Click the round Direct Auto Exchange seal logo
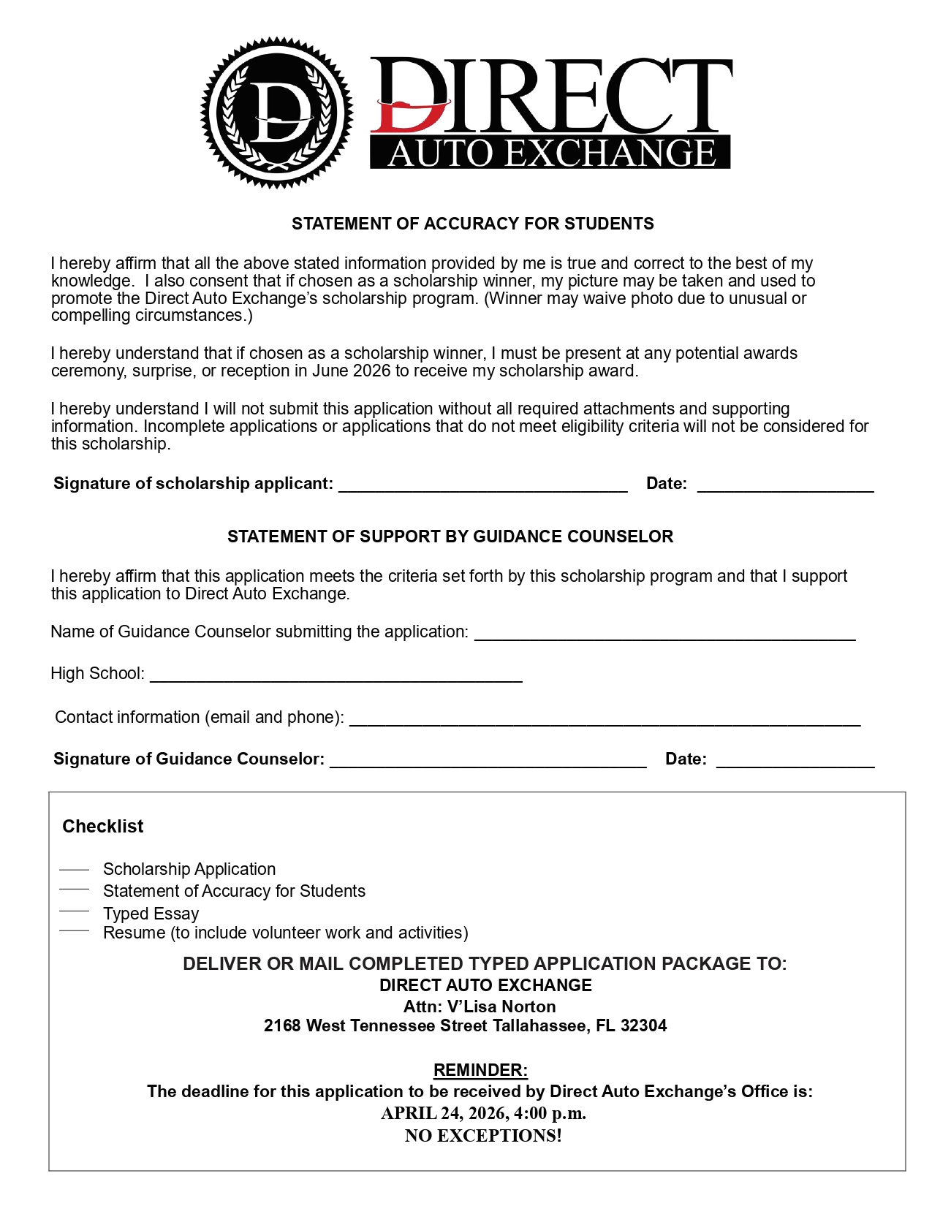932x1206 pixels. pos(276,113)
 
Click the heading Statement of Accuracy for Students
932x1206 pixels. pos(472,224)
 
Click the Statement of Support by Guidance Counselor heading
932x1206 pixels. pos(450,536)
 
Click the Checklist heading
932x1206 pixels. pos(103,826)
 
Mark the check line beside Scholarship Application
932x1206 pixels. pos(74,870)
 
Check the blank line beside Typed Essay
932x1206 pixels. pos(74,911)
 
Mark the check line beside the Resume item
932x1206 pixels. pos(74,931)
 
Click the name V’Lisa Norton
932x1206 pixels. pos(501,1006)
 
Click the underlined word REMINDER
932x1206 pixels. pos(480,1070)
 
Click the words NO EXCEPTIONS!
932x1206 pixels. pos(483,1135)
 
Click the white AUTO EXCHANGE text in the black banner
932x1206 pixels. pos(551,153)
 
